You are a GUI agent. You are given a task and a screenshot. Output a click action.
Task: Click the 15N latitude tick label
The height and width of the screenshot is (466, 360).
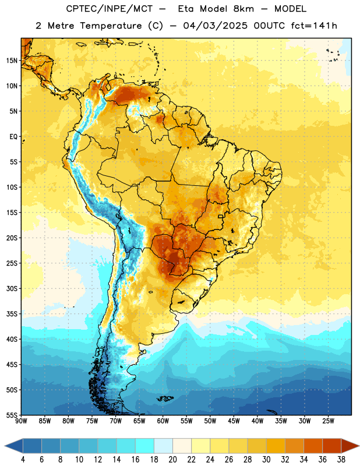pyautogui.click(x=12, y=61)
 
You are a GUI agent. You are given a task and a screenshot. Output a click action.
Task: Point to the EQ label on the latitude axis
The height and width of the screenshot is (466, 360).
pyautogui.click(x=13, y=137)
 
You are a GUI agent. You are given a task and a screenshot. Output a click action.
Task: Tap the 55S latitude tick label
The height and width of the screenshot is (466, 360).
pyautogui.click(x=12, y=415)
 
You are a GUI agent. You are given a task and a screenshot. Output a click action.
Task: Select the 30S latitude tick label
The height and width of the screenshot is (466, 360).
pyautogui.click(x=12, y=288)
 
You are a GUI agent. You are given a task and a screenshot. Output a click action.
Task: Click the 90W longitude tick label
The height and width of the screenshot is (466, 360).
pyautogui.click(x=22, y=421)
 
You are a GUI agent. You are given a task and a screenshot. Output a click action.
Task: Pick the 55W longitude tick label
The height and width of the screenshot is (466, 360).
pyautogui.click(x=186, y=421)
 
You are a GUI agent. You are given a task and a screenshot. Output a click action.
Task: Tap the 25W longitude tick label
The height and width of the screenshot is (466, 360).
pyautogui.click(x=329, y=421)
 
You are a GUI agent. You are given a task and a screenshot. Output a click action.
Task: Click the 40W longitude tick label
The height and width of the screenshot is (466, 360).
pyautogui.click(x=257, y=421)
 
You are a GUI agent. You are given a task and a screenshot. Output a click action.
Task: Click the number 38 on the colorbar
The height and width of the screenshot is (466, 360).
pyautogui.click(x=341, y=460)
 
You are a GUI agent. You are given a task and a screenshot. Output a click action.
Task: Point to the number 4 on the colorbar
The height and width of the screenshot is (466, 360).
pyautogui.click(x=23, y=460)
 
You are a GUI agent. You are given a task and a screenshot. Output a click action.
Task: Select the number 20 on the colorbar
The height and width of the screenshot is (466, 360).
pyautogui.click(x=172, y=460)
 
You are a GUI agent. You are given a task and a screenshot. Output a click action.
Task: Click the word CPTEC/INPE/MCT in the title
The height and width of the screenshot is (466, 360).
pyautogui.click(x=110, y=9)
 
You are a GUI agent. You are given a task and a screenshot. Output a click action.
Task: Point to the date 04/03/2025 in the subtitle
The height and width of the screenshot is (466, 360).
pyautogui.click(x=215, y=26)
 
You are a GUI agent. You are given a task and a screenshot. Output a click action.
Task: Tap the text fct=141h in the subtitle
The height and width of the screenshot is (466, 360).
pyautogui.click(x=314, y=26)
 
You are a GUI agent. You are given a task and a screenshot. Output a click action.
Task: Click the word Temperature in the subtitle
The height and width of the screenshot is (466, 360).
pyautogui.click(x=111, y=26)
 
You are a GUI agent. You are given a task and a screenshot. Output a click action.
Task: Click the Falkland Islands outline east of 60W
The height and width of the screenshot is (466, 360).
pyautogui.click(x=165, y=398)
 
